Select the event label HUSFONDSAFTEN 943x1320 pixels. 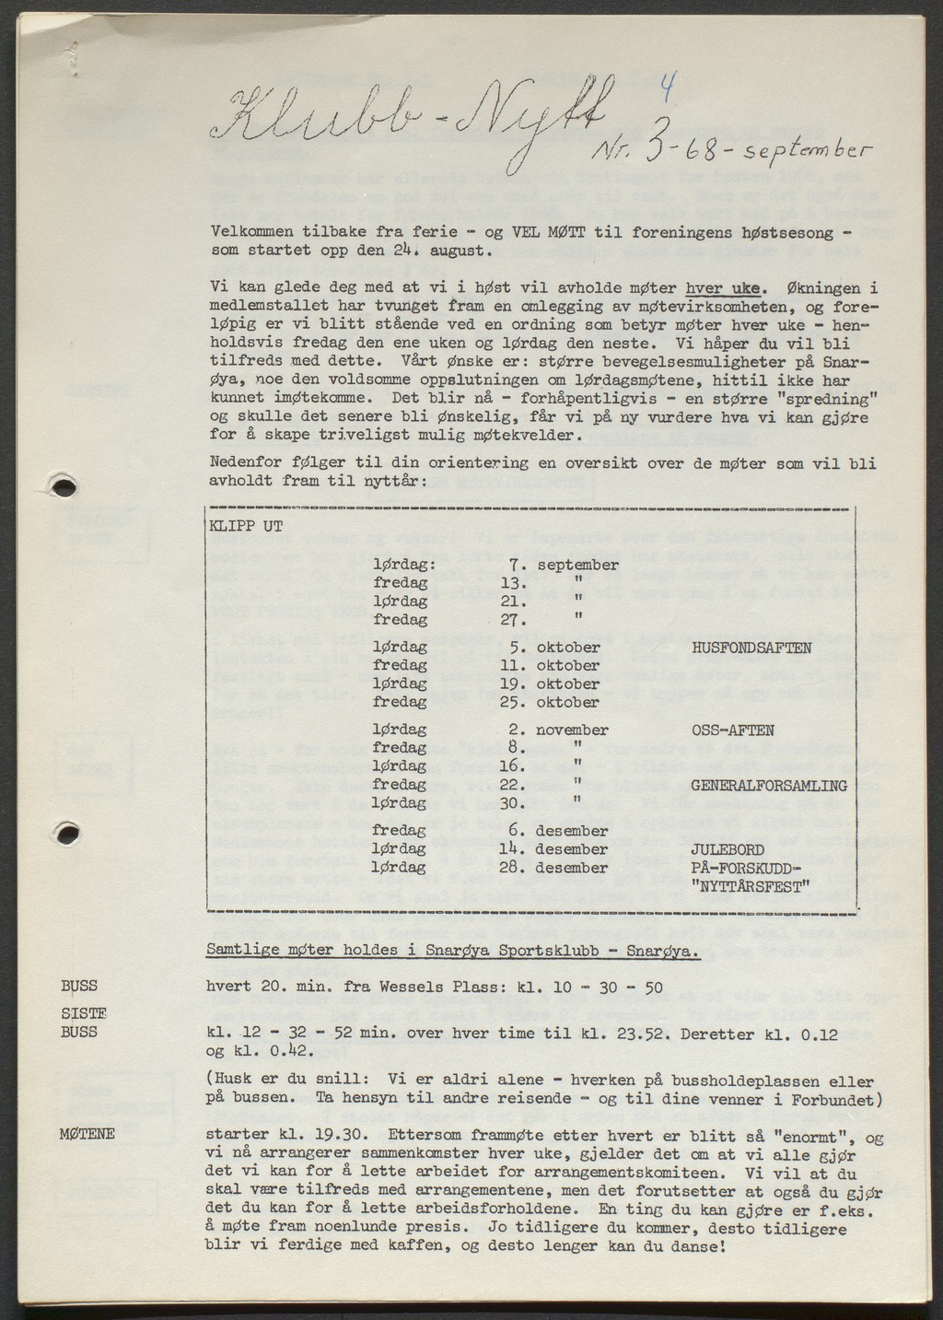[x=751, y=648]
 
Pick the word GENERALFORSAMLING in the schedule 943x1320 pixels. [x=768, y=786]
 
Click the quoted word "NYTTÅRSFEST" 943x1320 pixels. [x=750, y=886]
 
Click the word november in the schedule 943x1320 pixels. [x=573, y=730]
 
